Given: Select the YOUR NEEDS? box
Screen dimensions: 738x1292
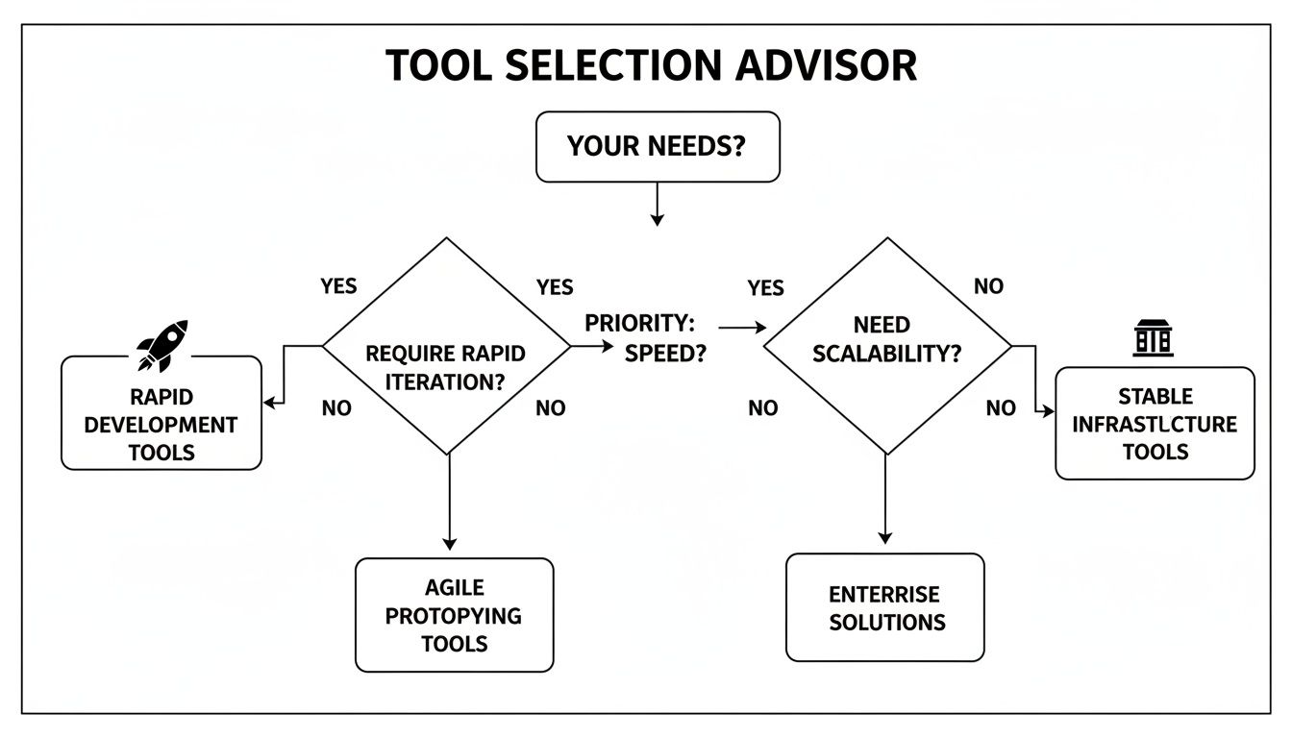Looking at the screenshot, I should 658,146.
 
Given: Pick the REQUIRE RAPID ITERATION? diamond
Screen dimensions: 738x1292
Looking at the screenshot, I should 447,346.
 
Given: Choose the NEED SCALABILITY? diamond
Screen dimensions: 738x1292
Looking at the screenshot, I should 886,346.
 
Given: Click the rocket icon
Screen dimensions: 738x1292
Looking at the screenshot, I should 161,345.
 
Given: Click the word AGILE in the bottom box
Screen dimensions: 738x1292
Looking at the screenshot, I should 455,587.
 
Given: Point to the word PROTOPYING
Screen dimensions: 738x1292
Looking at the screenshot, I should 454,615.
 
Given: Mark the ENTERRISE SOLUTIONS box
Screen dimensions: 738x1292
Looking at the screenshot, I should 885,607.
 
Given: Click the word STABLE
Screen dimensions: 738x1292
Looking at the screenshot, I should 1155,396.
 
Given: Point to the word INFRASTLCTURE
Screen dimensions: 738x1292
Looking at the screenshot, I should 1155,424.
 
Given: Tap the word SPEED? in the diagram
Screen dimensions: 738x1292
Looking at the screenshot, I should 665,353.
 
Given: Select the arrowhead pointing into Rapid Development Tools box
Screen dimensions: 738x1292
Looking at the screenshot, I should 270,403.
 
